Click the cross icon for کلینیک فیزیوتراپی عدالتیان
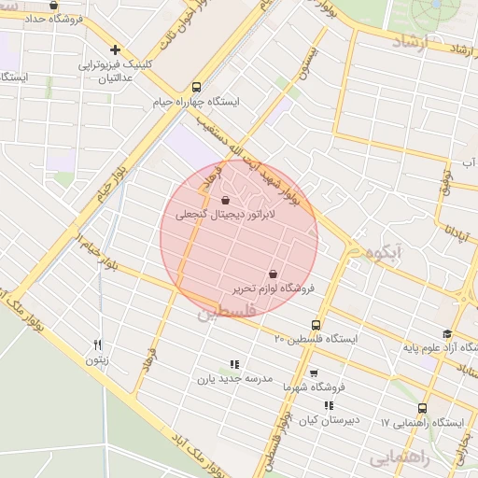pos(115,50)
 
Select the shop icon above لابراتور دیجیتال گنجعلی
pos(225,200)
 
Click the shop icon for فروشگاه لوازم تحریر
pos(273,274)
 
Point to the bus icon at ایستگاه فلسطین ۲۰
pos(314,325)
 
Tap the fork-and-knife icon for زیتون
pos(97,344)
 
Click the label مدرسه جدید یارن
pos(233,379)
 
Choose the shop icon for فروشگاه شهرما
pos(314,372)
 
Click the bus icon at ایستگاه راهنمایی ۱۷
pos(423,408)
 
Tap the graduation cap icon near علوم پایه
pos(447,334)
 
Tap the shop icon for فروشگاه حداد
pos(53,6)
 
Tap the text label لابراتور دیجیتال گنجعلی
pos(214,215)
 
